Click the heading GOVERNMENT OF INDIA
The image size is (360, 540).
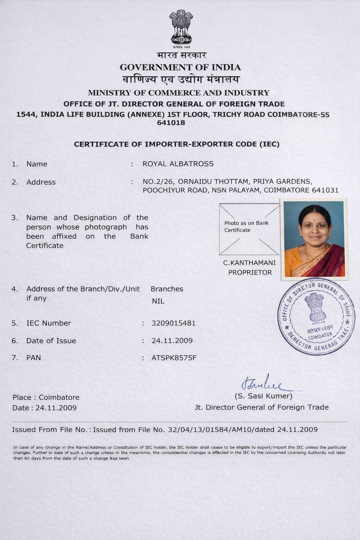[x=180, y=67]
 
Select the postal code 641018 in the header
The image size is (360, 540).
[x=171, y=123]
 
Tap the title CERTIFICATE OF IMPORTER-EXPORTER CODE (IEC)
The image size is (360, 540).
[x=176, y=144]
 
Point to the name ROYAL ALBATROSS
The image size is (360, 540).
[x=178, y=164]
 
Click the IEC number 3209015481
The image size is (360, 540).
[x=173, y=323]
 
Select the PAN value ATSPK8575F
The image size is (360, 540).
[x=174, y=358]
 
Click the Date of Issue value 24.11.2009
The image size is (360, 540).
[x=172, y=341]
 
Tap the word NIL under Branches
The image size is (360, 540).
[x=158, y=301]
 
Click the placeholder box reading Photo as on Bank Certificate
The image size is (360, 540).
[x=249, y=229]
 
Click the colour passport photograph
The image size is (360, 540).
[x=314, y=239]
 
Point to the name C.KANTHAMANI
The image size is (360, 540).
[x=250, y=263]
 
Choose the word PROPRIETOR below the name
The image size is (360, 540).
[x=250, y=272]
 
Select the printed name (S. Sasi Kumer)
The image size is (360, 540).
[x=263, y=396]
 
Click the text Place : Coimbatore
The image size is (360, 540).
[x=46, y=397]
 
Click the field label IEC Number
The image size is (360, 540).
[x=49, y=323]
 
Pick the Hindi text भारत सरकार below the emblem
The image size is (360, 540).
[x=182, y=56]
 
